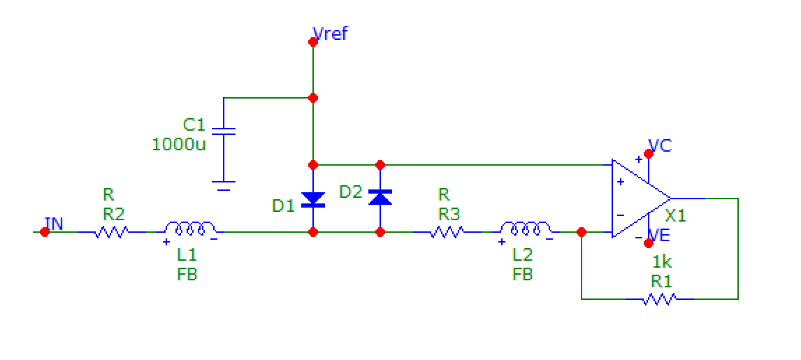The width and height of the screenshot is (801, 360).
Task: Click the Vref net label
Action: point(331,33)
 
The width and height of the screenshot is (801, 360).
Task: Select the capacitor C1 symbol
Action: point(224,131)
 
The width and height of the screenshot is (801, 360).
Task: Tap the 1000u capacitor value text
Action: point(178,145)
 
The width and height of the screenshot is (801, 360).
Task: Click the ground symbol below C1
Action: point(224,186)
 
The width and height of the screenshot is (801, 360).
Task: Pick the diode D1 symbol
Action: point(313,200)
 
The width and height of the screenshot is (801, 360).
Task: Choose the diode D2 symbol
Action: point(380,197)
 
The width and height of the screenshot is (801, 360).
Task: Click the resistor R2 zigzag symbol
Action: point(111,231)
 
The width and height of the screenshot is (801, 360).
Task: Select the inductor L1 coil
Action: point(189,229)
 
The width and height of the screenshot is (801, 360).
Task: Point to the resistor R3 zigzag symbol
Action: point(446,231)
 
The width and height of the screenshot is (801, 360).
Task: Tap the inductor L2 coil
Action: point(526,229)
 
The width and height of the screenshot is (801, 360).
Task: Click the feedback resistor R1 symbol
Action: point(659,299)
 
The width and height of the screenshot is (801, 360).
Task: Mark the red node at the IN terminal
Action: point(45,232)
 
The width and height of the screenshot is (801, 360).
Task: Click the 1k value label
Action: point(662,263)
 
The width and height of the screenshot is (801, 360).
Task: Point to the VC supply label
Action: point(660,146)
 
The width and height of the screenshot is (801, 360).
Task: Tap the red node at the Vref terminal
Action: point(313,42)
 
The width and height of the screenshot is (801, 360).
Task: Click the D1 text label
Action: point(284,206)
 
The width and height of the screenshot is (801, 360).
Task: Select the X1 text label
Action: point(675,216)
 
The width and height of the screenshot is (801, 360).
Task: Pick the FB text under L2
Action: point(522,275)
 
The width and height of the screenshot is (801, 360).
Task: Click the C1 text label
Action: point(194,125)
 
